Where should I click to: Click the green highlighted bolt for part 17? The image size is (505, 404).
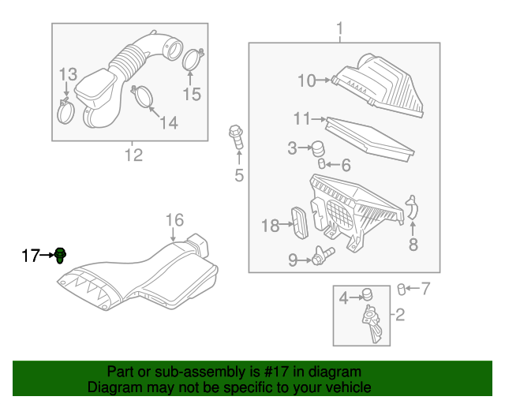pos(62,254)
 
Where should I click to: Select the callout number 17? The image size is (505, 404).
pos(30,255)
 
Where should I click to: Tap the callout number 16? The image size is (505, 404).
pos(174,220)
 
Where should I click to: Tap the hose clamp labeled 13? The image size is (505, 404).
pos(66,111)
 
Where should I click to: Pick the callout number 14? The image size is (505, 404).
pos(168,122)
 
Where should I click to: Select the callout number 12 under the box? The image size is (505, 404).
pos(133,155)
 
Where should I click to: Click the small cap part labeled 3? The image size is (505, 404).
pos(319,148)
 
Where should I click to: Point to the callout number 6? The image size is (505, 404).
pos(346,165)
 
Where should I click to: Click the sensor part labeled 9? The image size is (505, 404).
pos(322,256)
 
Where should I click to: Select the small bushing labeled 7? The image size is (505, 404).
pos(401,288)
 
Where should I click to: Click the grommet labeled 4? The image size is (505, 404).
pos(366,297)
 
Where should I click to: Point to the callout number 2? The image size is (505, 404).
pos(399,316)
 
